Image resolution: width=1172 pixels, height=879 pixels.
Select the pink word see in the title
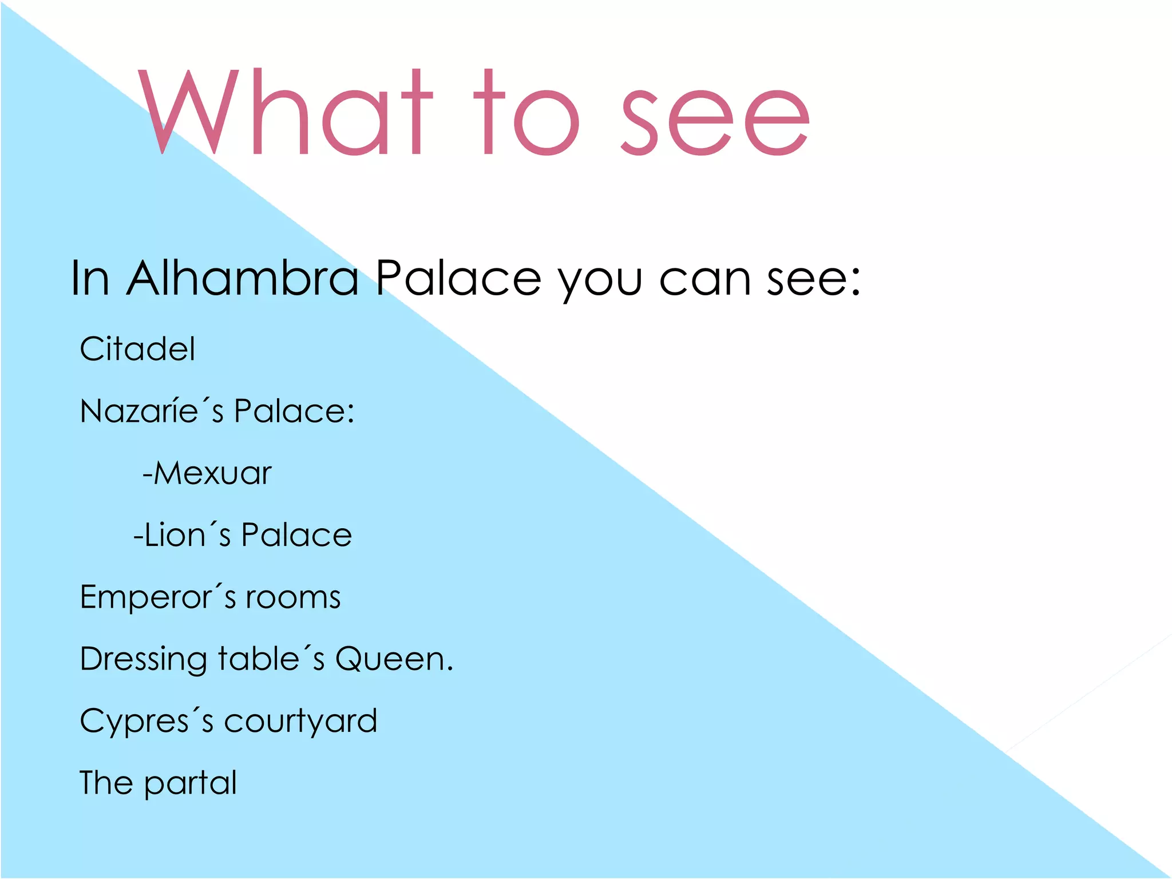click(x=715, y=122)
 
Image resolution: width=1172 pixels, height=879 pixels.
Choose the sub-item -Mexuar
click(x=207, y=473)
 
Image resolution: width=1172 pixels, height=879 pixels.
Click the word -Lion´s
click(x=182, y=535)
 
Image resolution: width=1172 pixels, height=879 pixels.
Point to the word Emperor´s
click(x=157, y=597)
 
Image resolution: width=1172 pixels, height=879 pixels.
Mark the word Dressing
click(x=143, y=660)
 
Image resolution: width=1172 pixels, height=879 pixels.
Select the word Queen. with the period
click(x=394, y=659)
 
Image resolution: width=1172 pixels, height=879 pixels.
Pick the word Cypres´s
click(x=146, y=722)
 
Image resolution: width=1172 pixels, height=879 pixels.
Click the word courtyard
click(x=300, y=722)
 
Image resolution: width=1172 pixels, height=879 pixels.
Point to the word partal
click(x=190, y=783)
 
